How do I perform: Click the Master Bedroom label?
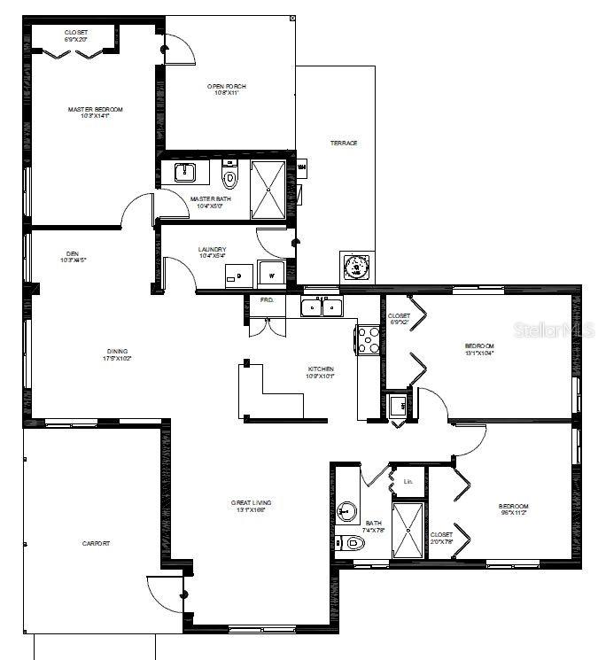[95, 110]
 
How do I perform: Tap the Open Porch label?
[224, 87]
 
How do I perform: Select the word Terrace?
[344, 143]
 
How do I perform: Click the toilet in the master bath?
[230, 178]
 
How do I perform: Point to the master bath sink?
[185, 172]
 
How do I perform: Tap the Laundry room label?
[213, 250]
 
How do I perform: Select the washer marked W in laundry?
[271, 276]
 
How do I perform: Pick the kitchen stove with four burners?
[369, 339]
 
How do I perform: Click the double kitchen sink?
[322, 307]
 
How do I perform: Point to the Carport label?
[96, 543]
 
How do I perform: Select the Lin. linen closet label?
[408, 482]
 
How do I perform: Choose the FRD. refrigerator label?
[267, 300]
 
